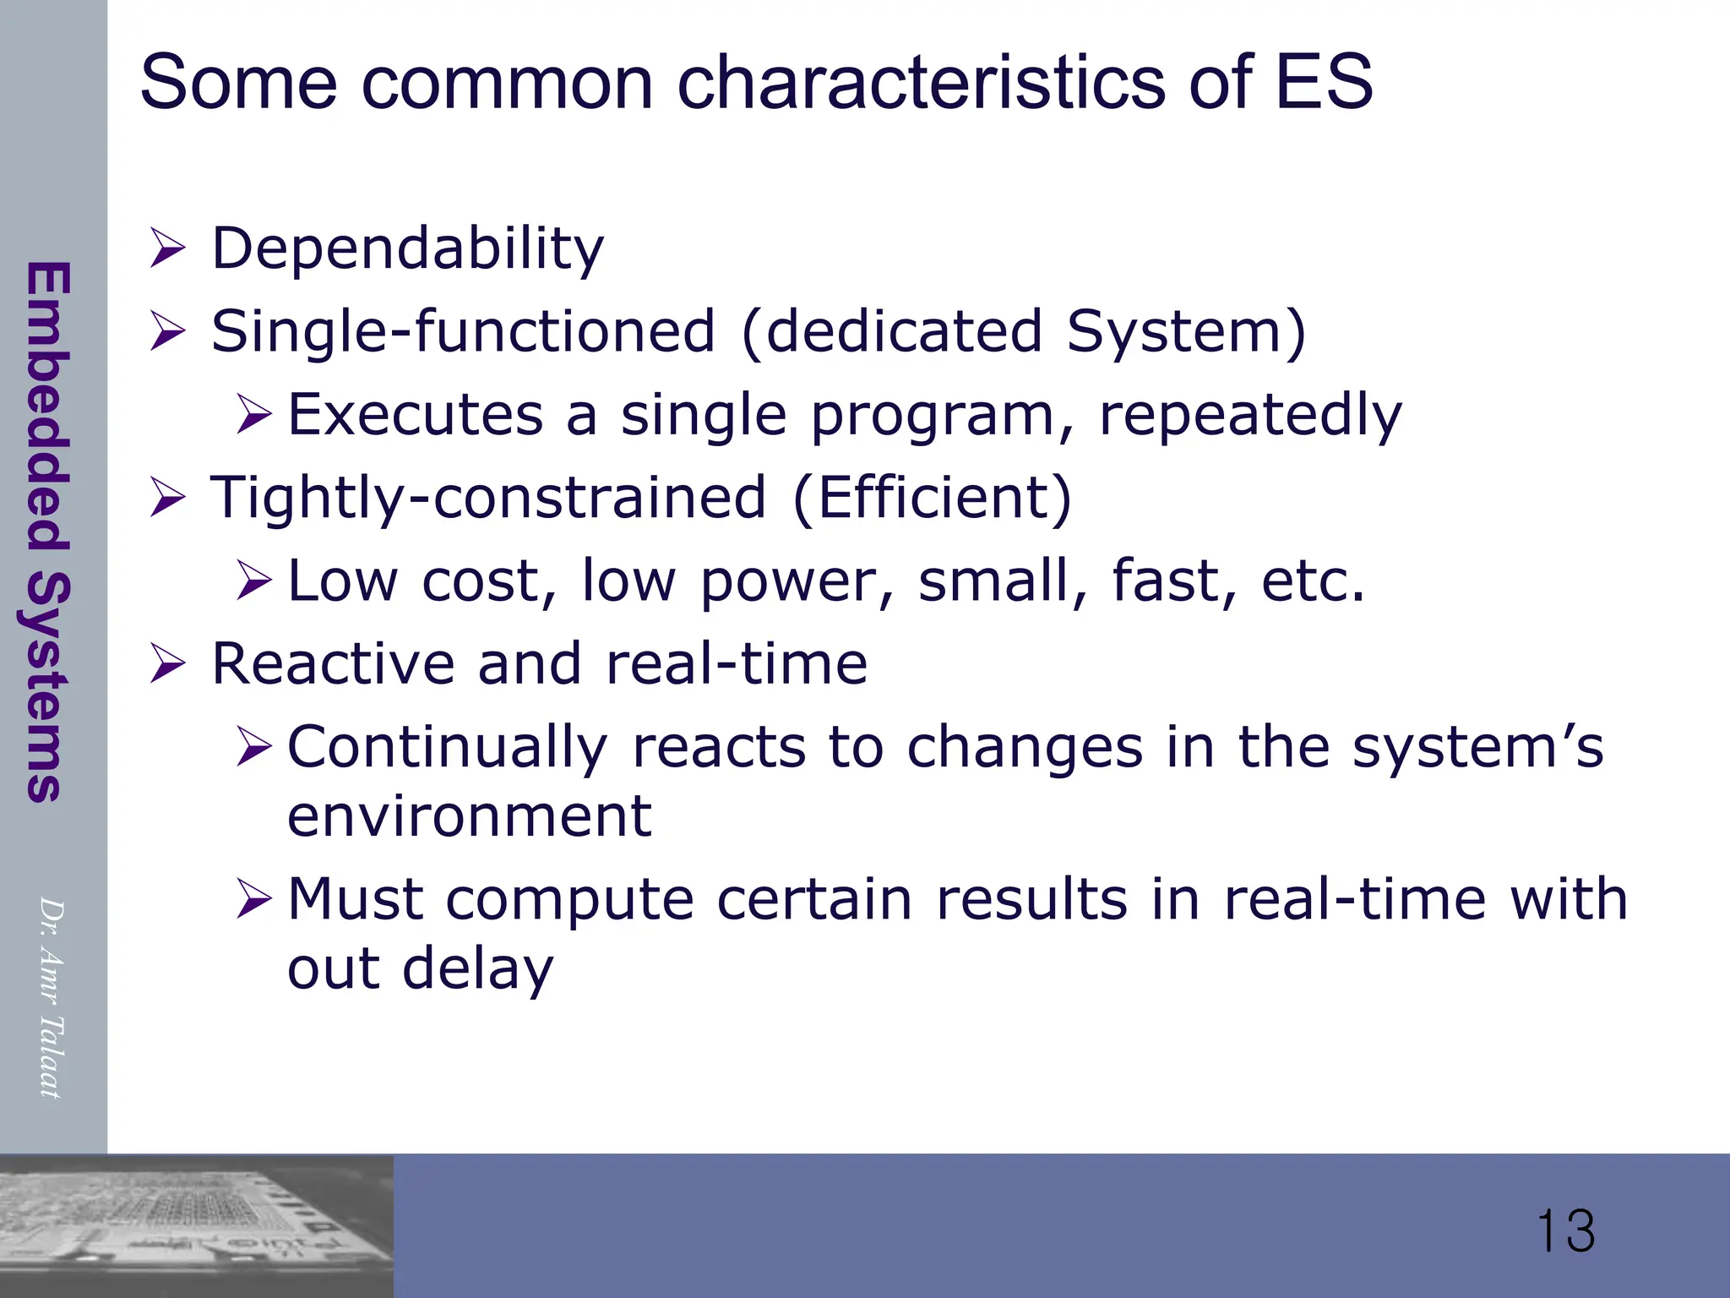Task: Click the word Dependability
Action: pyautogui.click(x=407, y=249)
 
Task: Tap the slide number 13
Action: pyautogui.click(x=1565, y=1231)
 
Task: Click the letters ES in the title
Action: pyautogui.click(x=1324, y=82)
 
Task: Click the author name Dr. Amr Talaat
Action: pyautogui.click(x=52, y=997)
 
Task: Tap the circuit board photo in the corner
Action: pyautogui.click(x=196, y=1225)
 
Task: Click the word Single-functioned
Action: pyautogui.click(x=463, y=331)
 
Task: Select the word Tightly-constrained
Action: pyautogui.click(x=488, y=498)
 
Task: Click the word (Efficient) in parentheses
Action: pyautogui.click(x=933, y=498)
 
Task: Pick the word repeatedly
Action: pyautogui.click(x=1250, y=416)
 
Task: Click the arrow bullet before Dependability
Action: pyautogui.click(x=167, y=249)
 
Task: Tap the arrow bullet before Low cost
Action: pyautogui.click(x=253, y=581)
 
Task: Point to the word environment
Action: pyautogui.click(x=469, y=816)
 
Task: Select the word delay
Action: pyautogui.click(x=477, y=968)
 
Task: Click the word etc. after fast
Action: pyautogui.click(x=1313, y=581)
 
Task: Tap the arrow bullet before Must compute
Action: pyautogui.click(x=253, y=899)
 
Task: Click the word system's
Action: pyautogui.click(x=1477, y=747)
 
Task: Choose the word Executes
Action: pyautogui.click(x=416, y=415)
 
